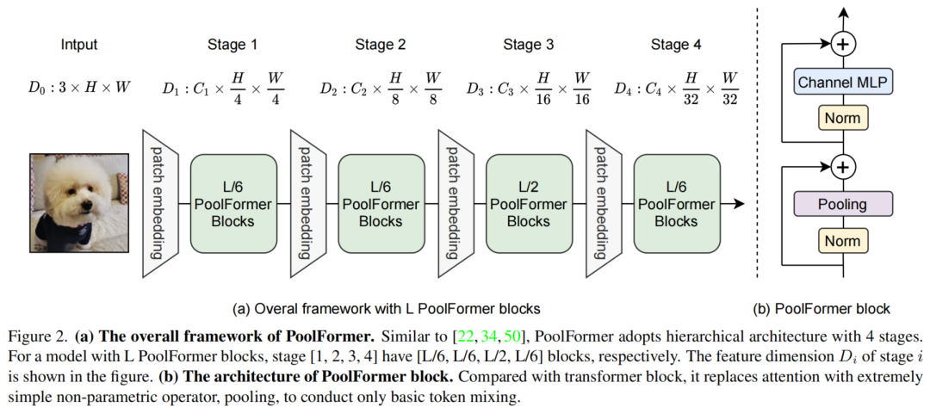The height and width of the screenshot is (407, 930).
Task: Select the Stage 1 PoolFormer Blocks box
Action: [x=232, y=204]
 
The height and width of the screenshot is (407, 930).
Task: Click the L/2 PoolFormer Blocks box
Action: [x=529, y=204]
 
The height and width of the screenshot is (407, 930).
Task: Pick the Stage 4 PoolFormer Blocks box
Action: [x=677, y=204]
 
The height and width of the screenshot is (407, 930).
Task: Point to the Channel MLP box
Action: [x=843, y=83]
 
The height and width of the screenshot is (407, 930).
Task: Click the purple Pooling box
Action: [x=843, y=205]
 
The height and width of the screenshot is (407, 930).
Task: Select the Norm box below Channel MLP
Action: [x=843, y=119]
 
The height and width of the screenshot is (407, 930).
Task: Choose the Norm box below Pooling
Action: [x=843, y=241]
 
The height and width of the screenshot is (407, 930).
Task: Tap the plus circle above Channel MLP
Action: [x=843, y=42]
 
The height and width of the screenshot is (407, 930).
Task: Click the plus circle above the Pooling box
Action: [x=843, y=165]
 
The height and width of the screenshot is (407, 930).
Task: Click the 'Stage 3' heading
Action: [x=527, y=45]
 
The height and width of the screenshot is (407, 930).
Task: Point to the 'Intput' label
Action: [x=79, y=45]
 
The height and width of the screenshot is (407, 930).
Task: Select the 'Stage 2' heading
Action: [x=380, y=45]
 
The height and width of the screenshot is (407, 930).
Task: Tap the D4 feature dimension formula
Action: [x=675, y=88]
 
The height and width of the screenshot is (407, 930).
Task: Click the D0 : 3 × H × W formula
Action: [x=79, y=88]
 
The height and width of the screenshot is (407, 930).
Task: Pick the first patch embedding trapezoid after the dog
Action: [x=158, y=204]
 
